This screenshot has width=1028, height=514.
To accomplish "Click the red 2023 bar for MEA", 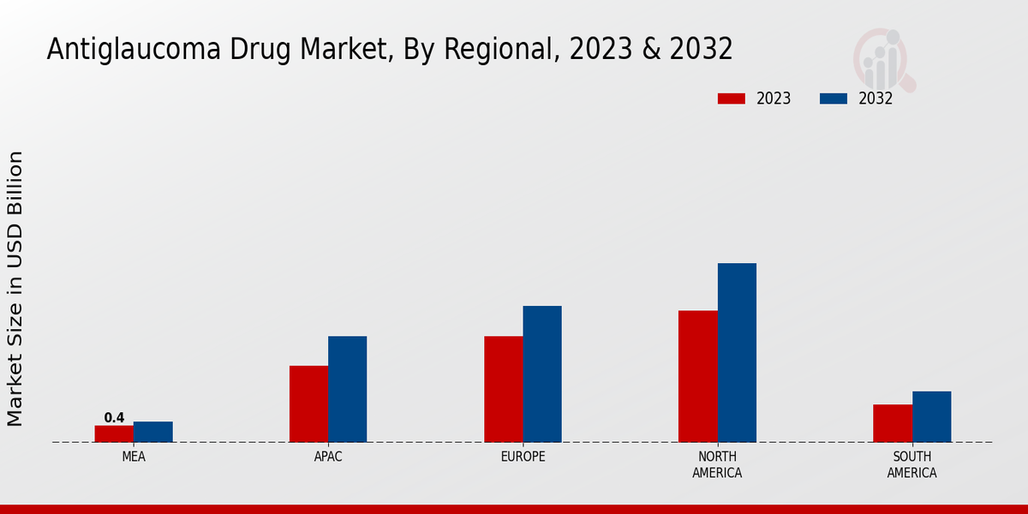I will click(x=114, y=433).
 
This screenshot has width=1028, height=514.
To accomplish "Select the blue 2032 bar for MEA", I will click(x=153, y=432).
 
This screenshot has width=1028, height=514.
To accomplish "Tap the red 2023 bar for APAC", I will click(x=308, y=403).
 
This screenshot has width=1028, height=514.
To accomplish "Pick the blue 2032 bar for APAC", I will click(x=348, y=389).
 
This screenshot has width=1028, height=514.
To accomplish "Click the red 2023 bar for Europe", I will click(x=503, y=389).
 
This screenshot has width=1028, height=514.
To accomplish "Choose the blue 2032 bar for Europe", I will click(x=542, y=374).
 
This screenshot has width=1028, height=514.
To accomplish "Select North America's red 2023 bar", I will click(x=697, y=376).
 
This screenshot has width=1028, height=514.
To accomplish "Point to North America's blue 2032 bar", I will click(x=737, y=352).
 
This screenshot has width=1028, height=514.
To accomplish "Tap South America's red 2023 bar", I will click(x=893, y=423).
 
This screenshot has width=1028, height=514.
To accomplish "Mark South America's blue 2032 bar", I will click(x=931, y=416).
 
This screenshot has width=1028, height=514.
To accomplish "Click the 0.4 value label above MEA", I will click(x=114, y=418).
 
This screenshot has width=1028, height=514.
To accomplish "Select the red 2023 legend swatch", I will click(x=732, y=99).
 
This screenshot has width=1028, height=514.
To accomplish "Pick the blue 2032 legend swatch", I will click(x=834, y=99).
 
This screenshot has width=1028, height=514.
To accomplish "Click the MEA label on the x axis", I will click(x=134, y=457).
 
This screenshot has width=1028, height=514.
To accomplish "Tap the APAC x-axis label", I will click(x=328, y=457).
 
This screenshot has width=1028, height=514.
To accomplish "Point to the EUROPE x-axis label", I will click(x=523, y=457).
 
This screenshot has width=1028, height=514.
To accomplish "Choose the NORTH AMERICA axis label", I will click(x=717, y=464).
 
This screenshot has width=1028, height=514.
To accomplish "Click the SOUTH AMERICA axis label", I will click(x=911, y=464).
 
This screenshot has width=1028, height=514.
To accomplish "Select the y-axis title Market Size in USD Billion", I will click(x=15, y=289).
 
